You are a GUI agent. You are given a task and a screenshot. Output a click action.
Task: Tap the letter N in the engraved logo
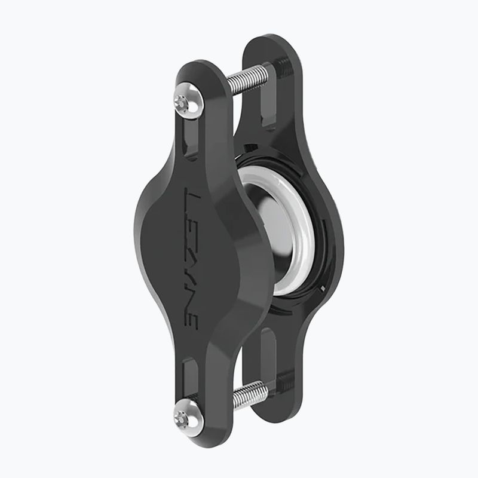(x=193, y=293)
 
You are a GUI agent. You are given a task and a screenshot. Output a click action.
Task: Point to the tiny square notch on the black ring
(x=323, y=288)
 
